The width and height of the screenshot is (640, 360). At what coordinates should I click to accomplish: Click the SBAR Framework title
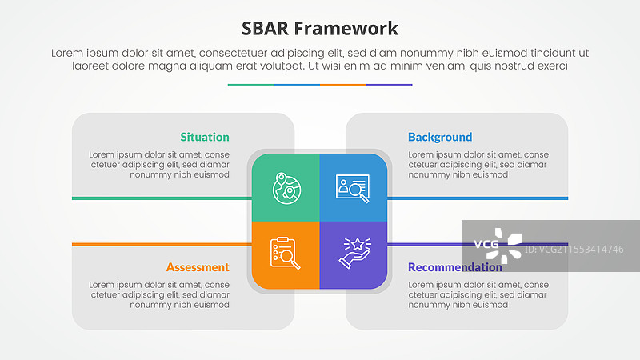pos(320,29)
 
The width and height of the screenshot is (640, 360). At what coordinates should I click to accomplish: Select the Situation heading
pos(205,137)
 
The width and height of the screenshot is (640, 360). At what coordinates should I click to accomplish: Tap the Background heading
pos(440,137)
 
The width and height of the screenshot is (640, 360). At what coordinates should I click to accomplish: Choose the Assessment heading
pos(198,267)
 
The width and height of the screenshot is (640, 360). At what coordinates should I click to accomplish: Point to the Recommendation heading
pos(454,267)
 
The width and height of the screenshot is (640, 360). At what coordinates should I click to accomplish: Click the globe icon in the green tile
pos(286,187)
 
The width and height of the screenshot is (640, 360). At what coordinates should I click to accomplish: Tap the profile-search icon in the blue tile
pos(353,187)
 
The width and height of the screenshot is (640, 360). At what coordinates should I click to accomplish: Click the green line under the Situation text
pos(160,198)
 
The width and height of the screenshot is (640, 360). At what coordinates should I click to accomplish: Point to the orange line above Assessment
pos(160,244)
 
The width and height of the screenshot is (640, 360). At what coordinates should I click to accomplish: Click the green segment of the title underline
pos(250,85)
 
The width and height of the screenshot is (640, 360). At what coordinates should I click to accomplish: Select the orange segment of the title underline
pos(343,85)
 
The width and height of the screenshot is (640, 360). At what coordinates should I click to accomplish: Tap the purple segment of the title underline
pos(390,85)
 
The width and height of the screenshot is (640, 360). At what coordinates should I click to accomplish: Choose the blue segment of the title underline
pos(297,85)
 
